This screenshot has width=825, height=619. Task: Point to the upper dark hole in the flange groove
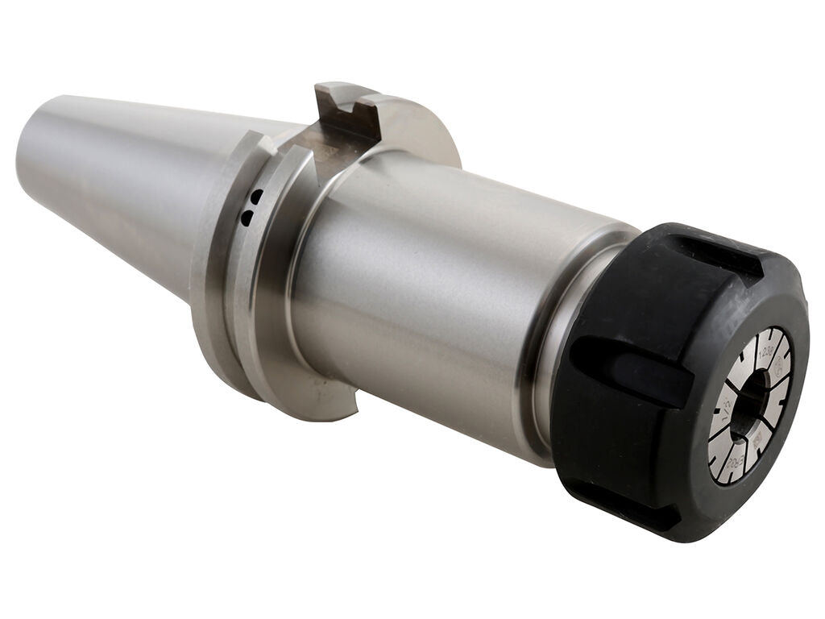[x=255, y=196]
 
